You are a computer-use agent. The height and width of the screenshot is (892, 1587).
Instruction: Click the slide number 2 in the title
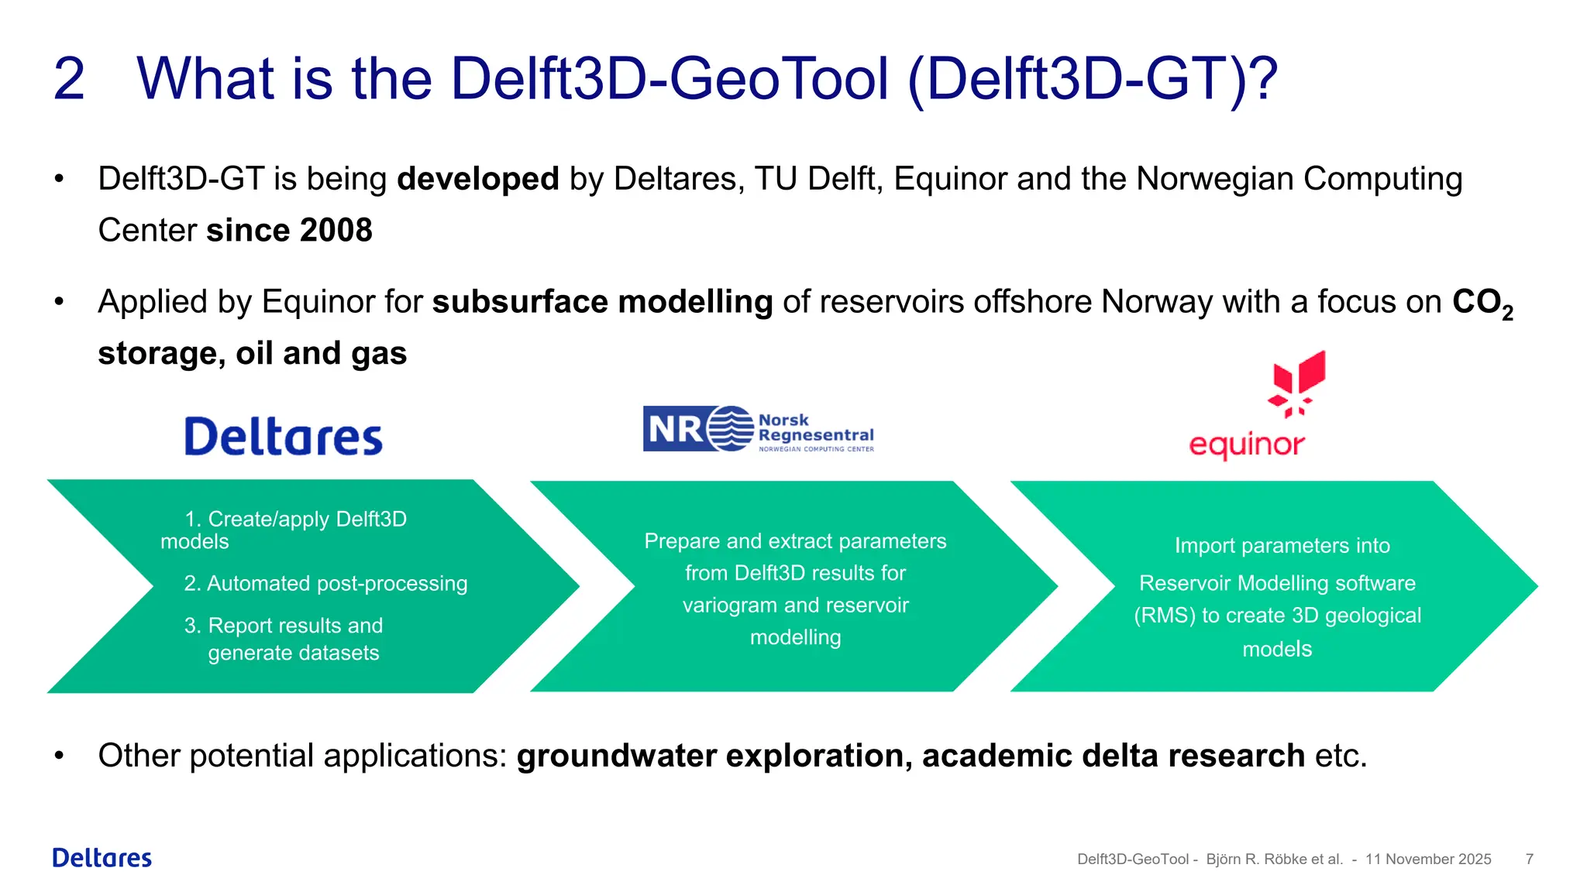coord(68,79)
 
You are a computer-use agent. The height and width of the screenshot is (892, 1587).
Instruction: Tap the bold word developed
coord(477,179)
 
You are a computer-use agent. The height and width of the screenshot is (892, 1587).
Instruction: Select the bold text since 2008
coord(289,231)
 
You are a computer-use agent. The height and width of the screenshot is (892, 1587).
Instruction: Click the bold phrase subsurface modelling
coord(602,302)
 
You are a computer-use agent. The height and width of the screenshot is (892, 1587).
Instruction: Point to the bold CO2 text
coord(1481,303)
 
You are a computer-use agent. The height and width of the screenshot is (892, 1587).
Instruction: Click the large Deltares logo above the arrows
coord(284,437)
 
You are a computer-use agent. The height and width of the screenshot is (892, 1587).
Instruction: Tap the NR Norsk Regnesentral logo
coord(758,429)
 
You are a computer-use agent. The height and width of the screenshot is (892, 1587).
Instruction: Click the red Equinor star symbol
coord(1298,383)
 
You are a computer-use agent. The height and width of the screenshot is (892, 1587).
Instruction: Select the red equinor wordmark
coord(1246,445)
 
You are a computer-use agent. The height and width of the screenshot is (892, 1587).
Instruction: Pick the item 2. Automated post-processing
coord(325,584)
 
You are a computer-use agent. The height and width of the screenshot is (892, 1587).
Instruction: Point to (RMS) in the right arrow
coord(1164,616)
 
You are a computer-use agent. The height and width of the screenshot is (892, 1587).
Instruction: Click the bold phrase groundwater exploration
coord(714,756)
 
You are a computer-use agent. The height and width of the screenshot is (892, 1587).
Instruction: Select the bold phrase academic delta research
coord(1113,756)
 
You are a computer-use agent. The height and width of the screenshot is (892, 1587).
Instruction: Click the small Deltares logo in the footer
coord(102,858)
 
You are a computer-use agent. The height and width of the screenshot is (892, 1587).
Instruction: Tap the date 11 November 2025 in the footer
coord(1427,859)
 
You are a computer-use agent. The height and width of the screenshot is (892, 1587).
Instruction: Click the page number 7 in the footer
coord(1529,859)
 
